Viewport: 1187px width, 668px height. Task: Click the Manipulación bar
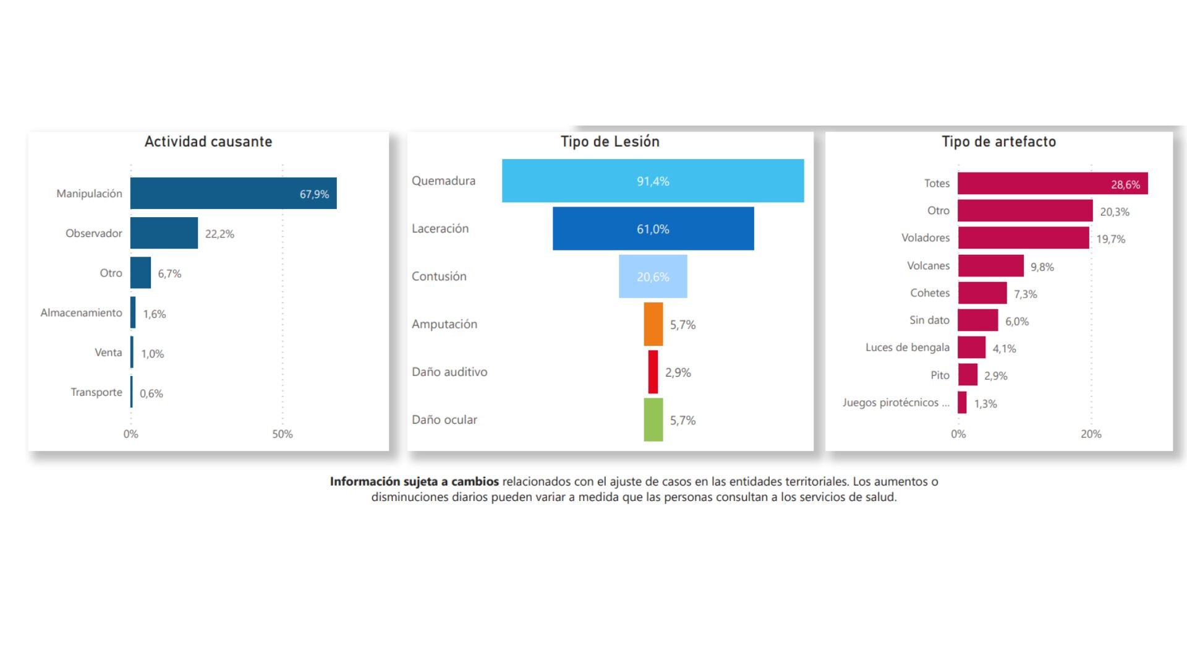pos(233,193)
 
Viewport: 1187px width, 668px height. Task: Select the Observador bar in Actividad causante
pos(164,233)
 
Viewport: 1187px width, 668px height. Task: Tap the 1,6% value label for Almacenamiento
pos(155,314)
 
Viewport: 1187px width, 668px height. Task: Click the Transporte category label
pos(96,392)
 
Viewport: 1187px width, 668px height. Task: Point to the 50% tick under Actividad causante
pos(283,434)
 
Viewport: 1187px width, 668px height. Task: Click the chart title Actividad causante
pos(208,142)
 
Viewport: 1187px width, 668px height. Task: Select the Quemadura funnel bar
pos(653,181)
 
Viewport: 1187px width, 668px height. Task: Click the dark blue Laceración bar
pos(653,228)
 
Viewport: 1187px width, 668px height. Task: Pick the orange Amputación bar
pos(653,324)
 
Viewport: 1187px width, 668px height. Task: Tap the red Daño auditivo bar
pos(653,372)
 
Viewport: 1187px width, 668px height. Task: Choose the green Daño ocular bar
pos(653,419)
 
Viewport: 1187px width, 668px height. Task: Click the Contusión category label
pos(439,276)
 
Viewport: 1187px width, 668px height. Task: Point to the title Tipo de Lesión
pos(610,142)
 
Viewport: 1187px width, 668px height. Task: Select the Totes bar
pos(1052,184)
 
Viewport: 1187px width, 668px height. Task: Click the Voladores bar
pos(1023,238)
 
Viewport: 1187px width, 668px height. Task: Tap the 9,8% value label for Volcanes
pos(1042,267)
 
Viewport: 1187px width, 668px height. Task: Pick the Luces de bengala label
pos(907,347)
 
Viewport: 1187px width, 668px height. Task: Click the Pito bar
pos(968,375)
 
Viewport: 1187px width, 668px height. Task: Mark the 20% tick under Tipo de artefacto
pos(1091,434)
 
